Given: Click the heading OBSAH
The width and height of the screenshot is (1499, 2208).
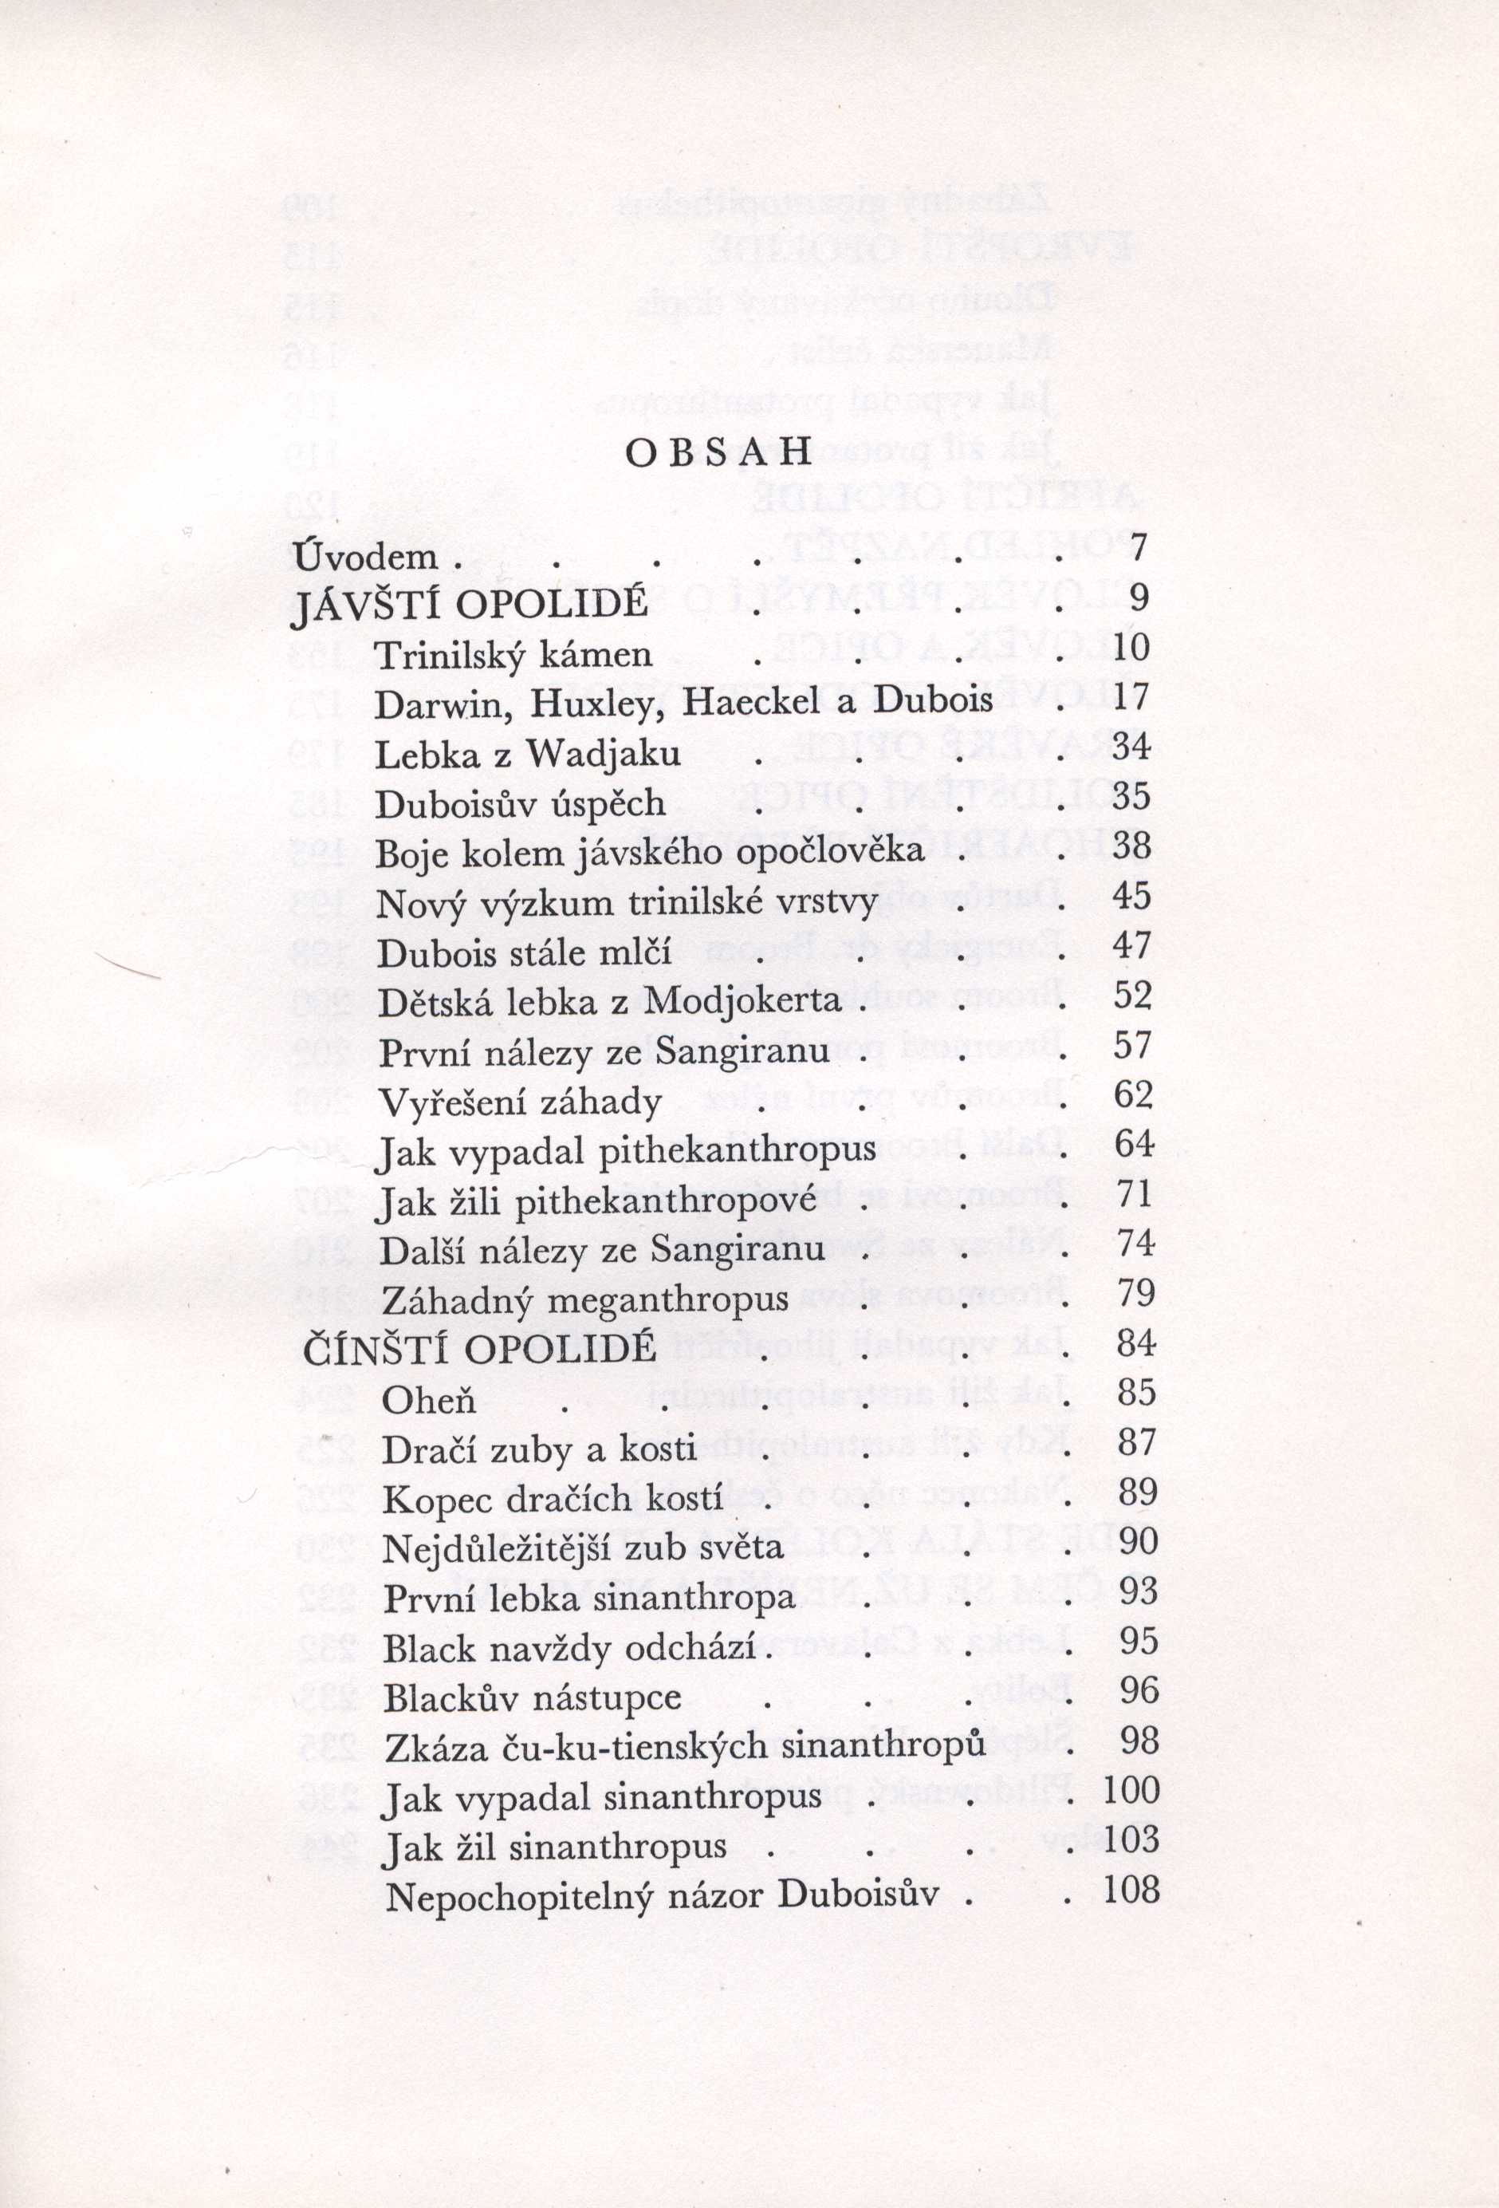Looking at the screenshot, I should click(x=719, y=453).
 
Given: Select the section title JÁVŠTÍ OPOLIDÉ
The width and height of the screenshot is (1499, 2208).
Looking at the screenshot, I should click(x=470, y=603).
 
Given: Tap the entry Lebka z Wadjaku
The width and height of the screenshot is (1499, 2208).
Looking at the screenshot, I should click(x=528, y=754).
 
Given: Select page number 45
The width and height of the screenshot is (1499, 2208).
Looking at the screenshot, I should click(x=1131, y=896).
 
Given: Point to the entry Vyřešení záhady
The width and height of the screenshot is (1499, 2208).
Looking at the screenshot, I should click(x=521, y=1103).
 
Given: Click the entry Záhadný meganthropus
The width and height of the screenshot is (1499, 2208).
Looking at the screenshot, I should click(x=584, y=1299).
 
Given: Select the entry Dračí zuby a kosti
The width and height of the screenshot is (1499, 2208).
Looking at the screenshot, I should click(x=540, y=1450).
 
